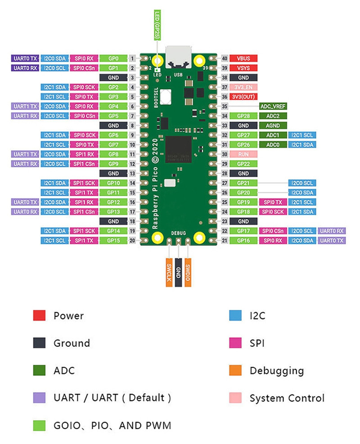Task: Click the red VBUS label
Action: click(243, 58)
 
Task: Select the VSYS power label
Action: click(243, 68)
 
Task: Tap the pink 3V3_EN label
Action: click(243, 87)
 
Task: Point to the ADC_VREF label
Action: click(273, 106)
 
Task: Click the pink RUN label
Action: click(243, 154)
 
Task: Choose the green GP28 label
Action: click(243, 116)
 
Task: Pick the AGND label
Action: click(273, 126)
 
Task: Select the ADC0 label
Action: click(273, 144)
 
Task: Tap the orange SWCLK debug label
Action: click(169, 270)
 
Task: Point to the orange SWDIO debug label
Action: click(188, 270)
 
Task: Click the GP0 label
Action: click(113, 58)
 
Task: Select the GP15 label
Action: click(113, 241)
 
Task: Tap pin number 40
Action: click(225, 58)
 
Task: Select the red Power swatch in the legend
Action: click(39, 315)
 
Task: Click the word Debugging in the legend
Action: click(276, 371)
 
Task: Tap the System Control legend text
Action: click(287, 398)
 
